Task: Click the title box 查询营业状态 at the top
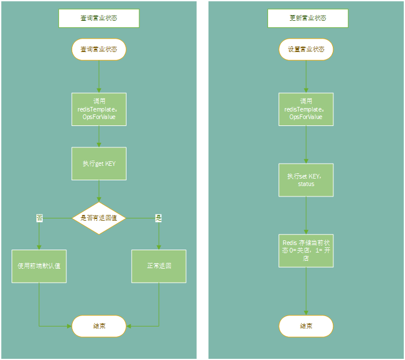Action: click(99, 18)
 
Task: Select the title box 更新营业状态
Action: click(307, 18)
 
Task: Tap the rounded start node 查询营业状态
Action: click(99, 49)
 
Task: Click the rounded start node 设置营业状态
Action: click(306, 49)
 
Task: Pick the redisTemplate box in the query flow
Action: click(99, 109)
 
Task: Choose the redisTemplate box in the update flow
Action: click(306, 109)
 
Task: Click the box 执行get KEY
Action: click(99, 164)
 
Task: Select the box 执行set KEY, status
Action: click(306, 180)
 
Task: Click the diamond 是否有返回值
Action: click(99, 218)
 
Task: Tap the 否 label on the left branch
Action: click(39, 218)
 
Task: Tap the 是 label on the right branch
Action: click(159, 218)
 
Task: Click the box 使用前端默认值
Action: click(39, 266)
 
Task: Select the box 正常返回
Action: click(159, 266)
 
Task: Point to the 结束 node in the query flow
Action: click(99, 326)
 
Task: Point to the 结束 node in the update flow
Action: click(306, 326)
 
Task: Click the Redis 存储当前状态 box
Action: click(306, 250)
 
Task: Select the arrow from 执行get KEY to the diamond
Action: click(99, 191)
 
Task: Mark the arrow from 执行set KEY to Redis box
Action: click(306, 215)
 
